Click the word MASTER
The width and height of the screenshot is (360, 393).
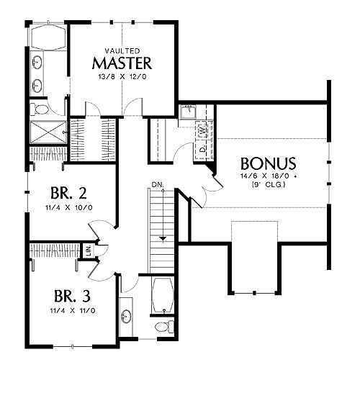pos(122,63)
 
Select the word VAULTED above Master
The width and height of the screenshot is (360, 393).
pos(122,51)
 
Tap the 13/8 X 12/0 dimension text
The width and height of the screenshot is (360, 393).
pos(122,77)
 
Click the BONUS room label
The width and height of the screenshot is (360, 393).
pos(269,163)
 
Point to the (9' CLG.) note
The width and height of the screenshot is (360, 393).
pos(269,185)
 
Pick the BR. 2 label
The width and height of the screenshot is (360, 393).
pos(68,193)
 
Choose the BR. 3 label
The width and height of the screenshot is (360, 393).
pos(72,296)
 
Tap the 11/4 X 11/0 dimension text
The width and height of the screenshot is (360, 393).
pos(73,311)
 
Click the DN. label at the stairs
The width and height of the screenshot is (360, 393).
pos(158,185)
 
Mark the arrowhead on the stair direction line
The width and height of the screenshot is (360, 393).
pos(163,239)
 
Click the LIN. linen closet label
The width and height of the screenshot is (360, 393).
pos(89,250)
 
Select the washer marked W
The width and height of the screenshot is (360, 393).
pos(202,130)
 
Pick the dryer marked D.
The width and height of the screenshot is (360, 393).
pos(202,150)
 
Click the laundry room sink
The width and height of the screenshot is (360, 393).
pos(189,112)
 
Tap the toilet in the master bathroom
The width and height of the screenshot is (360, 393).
pos(39,110)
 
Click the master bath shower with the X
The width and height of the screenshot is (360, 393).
pos(48,132)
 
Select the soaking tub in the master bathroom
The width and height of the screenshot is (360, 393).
pos(48,37)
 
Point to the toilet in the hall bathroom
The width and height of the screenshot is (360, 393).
pos(164,327)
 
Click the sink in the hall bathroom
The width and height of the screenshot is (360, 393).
pos(126,316)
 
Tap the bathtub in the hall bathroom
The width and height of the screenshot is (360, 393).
pos(163,295)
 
